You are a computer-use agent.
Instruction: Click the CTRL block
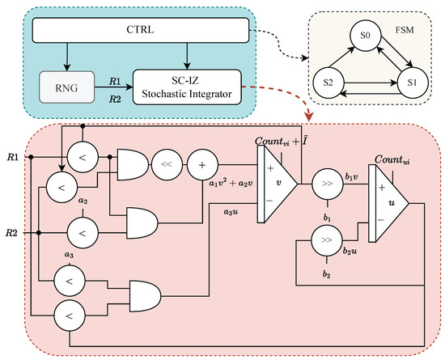141,30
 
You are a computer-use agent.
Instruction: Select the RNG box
66,87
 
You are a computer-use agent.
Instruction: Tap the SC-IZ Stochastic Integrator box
187,87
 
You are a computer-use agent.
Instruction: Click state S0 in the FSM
365,36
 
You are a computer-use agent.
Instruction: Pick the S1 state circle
413,83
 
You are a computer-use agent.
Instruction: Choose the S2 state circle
328,83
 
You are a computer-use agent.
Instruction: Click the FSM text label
405,30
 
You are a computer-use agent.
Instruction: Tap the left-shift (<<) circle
167,164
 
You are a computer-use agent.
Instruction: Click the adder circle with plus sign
202,164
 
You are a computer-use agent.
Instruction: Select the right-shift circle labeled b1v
327,184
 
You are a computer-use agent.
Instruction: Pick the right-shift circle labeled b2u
327,240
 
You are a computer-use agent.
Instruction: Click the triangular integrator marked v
278,184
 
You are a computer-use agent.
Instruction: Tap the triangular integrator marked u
389,203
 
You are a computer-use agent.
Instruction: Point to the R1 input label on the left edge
13,157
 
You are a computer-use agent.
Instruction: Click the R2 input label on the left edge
12,233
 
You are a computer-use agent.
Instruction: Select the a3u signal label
231,212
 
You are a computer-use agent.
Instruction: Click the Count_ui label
392,160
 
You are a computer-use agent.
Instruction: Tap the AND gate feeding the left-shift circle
133,164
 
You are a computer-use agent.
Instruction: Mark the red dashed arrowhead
309,116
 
